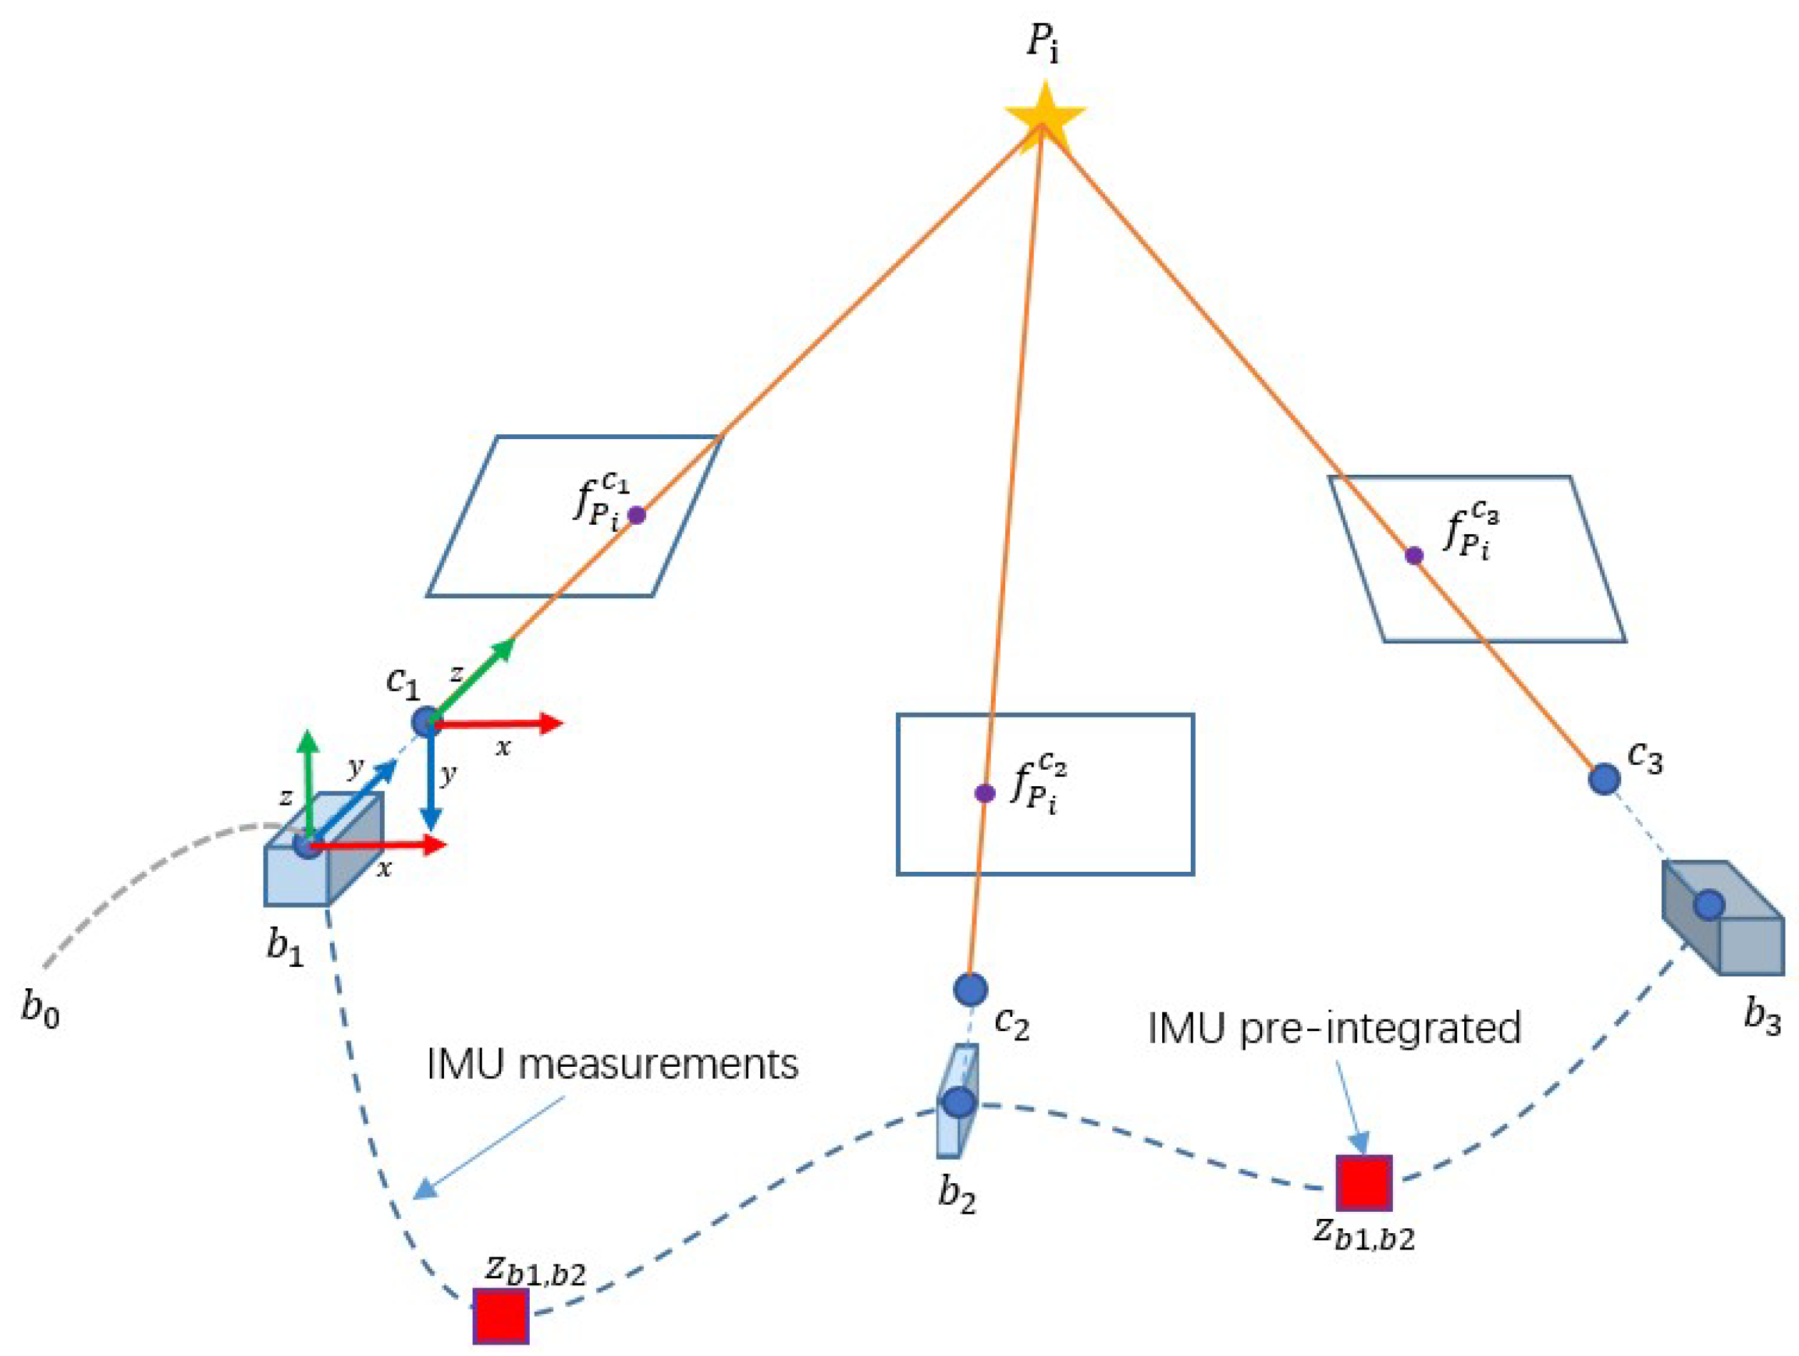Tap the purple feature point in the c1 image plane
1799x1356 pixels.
637,515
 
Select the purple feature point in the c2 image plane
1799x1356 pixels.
985,793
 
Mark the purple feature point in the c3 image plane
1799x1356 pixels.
1414,556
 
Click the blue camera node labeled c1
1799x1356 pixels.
426,720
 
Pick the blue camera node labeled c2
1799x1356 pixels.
970,989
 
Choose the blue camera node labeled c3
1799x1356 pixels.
1605,778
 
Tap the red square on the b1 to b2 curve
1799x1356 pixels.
501,1315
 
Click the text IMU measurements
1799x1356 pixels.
613,1064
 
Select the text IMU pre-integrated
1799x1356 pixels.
1334,1029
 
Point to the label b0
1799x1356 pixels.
41,1010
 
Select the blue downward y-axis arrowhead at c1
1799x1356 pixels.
430,818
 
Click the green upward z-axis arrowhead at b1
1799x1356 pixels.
308,742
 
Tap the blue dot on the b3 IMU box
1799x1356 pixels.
1710,905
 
